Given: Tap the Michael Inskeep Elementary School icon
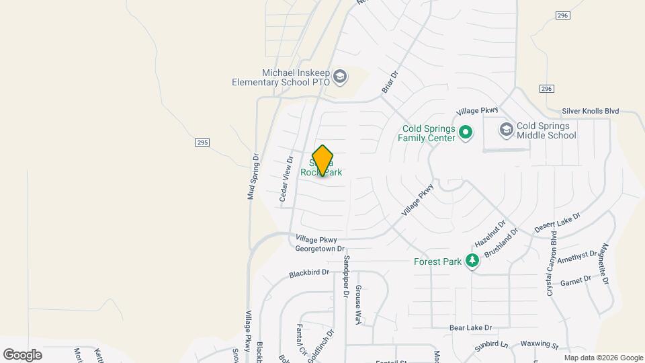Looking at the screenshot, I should point(340,77).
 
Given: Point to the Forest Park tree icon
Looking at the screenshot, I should point(473,261).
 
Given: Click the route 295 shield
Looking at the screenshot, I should point(202,143).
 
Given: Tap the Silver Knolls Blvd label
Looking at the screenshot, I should point(590,112).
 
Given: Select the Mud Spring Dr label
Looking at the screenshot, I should point(253,177).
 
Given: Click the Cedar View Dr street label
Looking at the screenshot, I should point(286,179).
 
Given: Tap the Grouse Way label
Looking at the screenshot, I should point(358,305).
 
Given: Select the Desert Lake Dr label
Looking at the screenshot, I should point(557,223).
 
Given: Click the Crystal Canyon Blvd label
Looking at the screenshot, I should point(552,264).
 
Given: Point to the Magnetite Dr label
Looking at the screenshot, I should point(604,263).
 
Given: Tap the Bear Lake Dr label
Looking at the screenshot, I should point(471,328).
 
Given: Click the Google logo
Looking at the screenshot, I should point(22,354).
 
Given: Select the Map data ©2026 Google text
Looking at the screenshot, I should point(603,358).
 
